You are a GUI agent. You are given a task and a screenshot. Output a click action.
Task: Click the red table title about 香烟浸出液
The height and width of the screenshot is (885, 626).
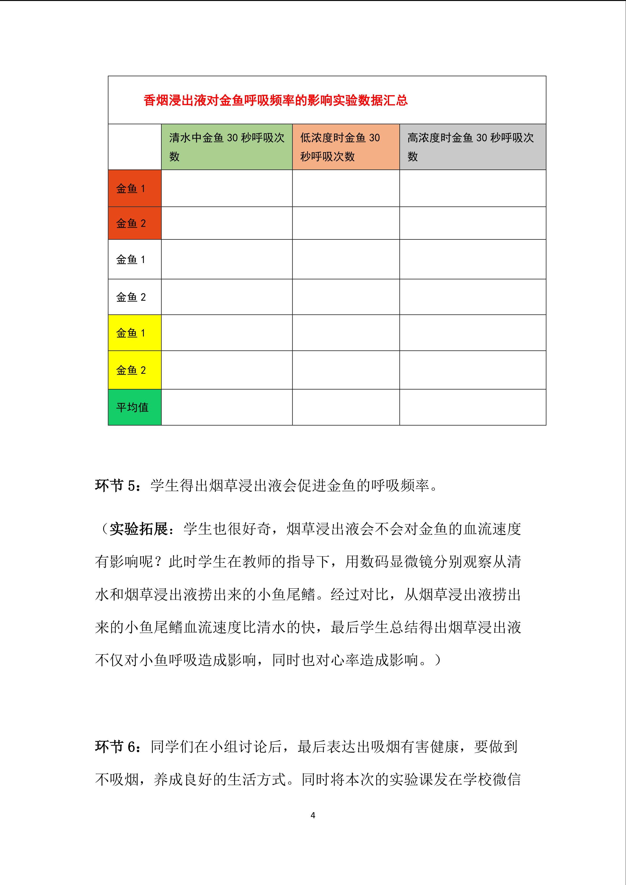pos(276,101)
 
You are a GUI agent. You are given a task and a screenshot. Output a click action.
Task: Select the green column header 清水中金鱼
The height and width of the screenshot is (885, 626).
pos(227,147)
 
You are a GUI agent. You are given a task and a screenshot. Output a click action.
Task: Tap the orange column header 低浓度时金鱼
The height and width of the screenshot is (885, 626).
pos(346,147)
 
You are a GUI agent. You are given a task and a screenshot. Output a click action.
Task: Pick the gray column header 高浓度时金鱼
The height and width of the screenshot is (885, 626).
pos(472,147)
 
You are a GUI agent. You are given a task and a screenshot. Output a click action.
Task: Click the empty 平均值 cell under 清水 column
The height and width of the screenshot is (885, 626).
pos(227,407)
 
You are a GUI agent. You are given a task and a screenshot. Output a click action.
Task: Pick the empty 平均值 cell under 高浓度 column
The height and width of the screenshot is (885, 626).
pos(472,407)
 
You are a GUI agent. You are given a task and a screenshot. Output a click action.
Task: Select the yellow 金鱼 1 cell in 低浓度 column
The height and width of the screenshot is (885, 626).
pos(346,333)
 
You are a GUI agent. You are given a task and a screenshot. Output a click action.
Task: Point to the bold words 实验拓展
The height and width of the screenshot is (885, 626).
pos(139,529)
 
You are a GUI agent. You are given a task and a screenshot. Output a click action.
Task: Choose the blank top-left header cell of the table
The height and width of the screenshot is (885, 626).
pos(135,147)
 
